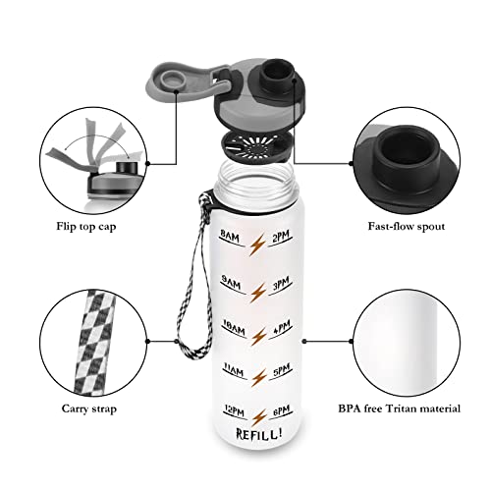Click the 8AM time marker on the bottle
(230, 236)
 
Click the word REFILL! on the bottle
(255, 434)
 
